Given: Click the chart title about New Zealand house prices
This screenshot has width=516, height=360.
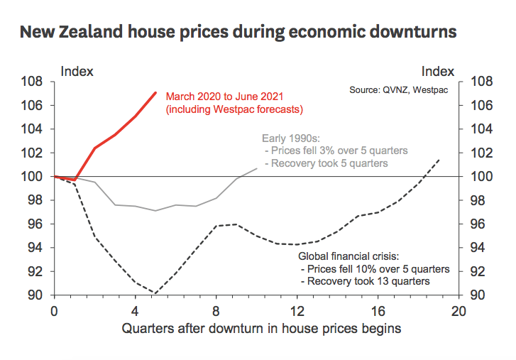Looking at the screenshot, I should (x=238, y=32).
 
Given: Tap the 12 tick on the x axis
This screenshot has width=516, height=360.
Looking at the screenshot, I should (x=297, y=311).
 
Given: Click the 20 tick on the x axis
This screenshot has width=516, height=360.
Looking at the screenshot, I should (x=459, y=311).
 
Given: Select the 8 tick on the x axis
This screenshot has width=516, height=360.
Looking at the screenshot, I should (x=216, y=311).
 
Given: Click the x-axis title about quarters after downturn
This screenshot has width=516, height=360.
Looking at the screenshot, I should (x=261, y=329).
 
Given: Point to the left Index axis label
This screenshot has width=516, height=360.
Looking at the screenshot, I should (x=77, y=71).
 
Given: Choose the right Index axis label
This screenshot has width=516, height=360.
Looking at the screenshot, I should (x=437, y=71).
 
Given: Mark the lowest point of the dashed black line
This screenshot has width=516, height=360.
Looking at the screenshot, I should (x=155, y=293).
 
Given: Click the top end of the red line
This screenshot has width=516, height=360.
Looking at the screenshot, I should (x=155, y=92).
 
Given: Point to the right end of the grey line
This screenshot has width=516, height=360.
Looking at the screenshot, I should (x=257, y=168).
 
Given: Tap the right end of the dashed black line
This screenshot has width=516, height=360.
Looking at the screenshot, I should (x=439, y=160).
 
